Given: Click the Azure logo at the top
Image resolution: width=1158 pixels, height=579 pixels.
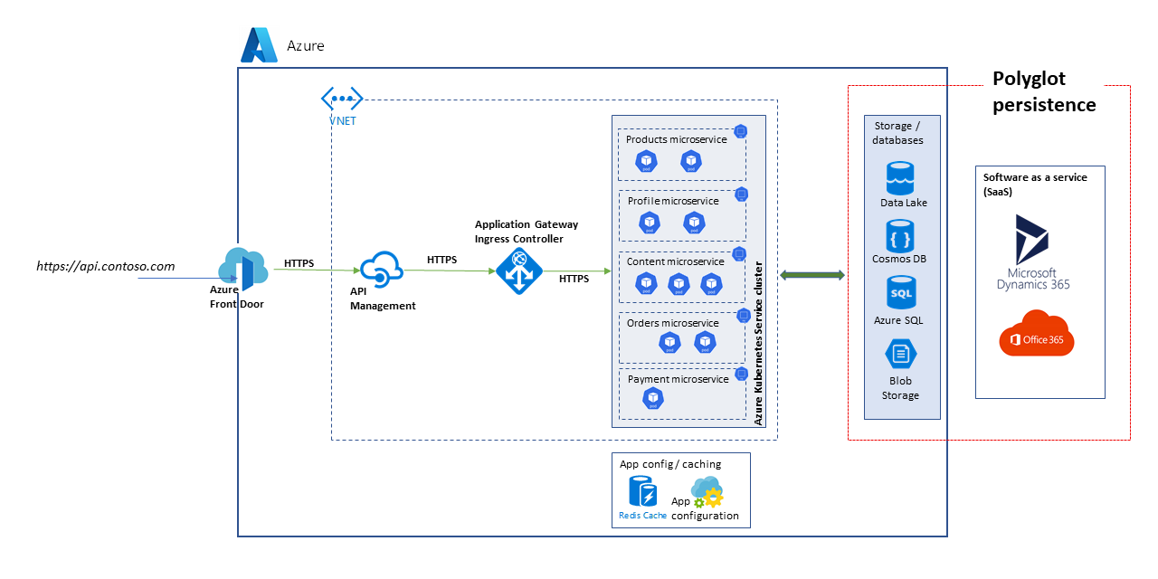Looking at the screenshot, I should (259, 45).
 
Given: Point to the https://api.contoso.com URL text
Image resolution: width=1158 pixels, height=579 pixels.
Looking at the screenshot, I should (105, 266).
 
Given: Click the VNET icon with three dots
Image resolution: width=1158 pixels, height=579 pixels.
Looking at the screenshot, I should (342, 99).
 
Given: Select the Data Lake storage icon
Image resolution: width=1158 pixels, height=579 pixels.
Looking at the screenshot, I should (900, 178).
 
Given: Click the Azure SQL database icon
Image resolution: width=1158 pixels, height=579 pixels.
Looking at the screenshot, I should (900, 293).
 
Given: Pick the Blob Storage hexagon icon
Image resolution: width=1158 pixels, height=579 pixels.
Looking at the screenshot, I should (900, 354).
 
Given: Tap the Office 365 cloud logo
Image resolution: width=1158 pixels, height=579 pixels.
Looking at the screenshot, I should (1037, 334).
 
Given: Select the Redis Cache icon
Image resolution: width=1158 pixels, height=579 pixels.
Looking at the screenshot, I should (642, 492).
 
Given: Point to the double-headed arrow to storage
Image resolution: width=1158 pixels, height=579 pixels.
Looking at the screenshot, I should (812, 274).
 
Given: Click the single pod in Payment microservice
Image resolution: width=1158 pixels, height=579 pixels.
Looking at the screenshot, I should (652, 398).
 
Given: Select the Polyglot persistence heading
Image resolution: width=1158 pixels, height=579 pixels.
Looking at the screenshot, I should (1043, 91).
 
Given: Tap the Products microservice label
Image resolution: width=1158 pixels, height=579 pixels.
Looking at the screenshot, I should (676, 139).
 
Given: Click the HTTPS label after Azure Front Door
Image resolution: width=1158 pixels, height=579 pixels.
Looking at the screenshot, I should (299, 263).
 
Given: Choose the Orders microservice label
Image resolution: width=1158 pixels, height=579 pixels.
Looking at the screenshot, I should (672, 323).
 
